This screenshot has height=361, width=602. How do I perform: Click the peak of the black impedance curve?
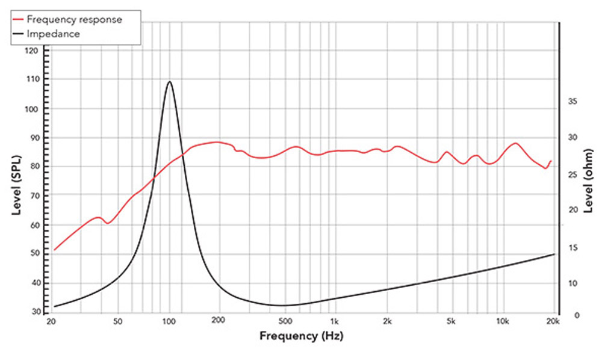[170, 81]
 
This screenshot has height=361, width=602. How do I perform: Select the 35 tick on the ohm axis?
[572, 102]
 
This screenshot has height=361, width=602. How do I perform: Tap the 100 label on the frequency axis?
[170, 321]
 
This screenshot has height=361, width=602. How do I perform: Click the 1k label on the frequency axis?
[335, 321]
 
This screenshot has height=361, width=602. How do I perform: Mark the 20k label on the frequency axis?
[553, 321]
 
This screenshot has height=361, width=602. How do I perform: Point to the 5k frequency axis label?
[451, 321]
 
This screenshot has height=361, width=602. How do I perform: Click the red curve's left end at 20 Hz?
[55, 250]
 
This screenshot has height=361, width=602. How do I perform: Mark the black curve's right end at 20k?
[554, 255]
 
